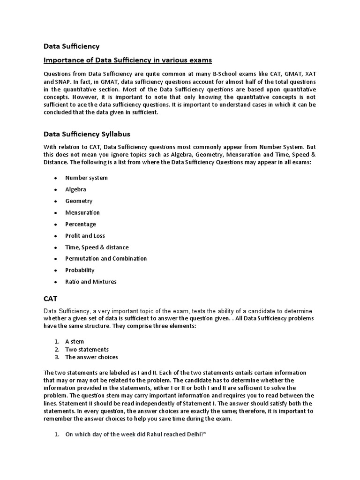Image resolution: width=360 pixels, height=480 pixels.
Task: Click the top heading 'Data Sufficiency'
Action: [x=71, y=46]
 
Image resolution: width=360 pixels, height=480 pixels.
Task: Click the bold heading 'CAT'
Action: [x=51, y=298]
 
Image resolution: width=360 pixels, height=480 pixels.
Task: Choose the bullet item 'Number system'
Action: [x=86, y=178]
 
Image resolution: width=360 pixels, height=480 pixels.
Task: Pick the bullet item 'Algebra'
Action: [x=75, y=189]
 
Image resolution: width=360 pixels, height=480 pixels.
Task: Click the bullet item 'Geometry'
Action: [x=79, y=201]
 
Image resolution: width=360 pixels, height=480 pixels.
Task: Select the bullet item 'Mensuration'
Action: [x=82, y=212]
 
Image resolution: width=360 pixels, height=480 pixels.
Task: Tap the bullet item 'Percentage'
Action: [x=81, y=224]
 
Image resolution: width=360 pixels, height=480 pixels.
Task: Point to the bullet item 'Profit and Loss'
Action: [x=85, y=236]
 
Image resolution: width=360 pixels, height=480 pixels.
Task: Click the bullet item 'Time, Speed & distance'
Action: [x=97, y=247]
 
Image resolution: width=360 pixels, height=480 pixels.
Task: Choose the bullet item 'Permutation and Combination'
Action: [x=106, y=259]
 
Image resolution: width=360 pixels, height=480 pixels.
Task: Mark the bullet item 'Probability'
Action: [x=80, y=270]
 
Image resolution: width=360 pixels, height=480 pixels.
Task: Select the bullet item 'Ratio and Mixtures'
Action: [x=91, y=282]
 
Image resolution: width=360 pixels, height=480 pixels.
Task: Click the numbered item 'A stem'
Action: [x=75, y=342]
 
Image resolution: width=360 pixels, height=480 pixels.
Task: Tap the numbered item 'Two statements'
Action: [x=87, y=349]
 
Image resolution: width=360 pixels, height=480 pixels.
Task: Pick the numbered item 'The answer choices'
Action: [x=91, y=357]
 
